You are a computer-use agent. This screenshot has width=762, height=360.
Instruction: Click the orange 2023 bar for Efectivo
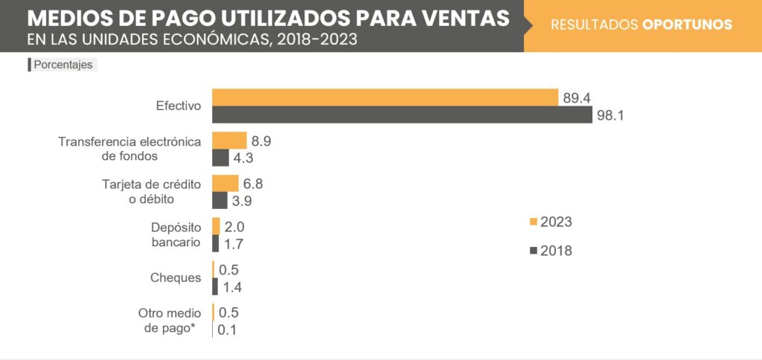385,97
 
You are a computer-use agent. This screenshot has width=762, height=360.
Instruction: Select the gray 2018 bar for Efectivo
402,115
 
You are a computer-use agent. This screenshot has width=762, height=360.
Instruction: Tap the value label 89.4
577,97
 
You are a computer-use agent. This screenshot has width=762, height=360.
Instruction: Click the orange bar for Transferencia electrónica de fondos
229,141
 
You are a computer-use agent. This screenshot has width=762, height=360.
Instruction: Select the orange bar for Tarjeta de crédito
225,184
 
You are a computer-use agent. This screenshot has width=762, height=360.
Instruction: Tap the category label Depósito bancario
176,234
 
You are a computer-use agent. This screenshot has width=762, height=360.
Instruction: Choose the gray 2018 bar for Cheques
215,286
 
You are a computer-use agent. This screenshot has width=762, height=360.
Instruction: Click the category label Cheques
176,277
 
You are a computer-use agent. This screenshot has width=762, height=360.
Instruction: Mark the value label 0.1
228,330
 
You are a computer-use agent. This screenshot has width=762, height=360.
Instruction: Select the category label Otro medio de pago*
167,321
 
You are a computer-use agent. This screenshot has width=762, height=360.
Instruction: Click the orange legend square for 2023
533,222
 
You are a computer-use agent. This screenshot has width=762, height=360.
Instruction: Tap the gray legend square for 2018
533,251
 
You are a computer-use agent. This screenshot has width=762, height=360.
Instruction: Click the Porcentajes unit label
63,65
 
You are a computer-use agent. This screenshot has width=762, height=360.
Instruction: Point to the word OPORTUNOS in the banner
687,25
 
